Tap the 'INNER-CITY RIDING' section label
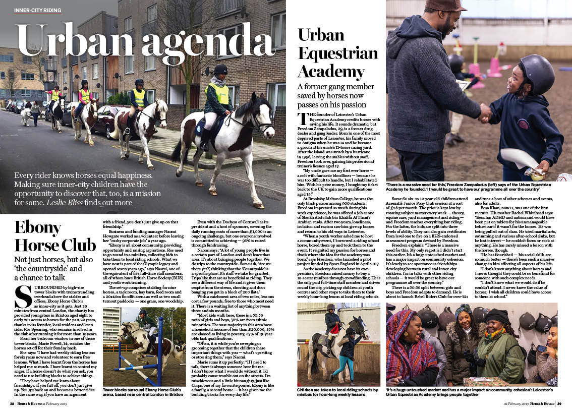point(38,10)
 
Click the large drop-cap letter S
point(24,297)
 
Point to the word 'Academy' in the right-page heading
point(331,70)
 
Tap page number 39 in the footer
point(559,403)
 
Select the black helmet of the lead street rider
point(220,70)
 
